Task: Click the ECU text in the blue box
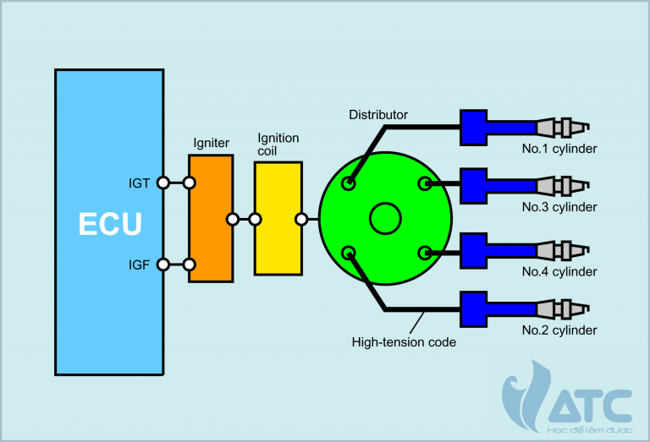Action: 109,224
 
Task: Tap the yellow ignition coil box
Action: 278,219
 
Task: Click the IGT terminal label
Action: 140,183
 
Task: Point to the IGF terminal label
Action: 140,265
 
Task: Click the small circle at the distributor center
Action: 385,218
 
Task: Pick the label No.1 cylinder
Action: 559,150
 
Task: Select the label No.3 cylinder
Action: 559,207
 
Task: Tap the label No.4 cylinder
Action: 559,271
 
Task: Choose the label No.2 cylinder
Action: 559,330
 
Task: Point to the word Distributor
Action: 377,115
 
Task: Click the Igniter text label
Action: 211,143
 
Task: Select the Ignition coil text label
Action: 278,145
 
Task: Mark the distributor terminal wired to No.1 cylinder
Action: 349,183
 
